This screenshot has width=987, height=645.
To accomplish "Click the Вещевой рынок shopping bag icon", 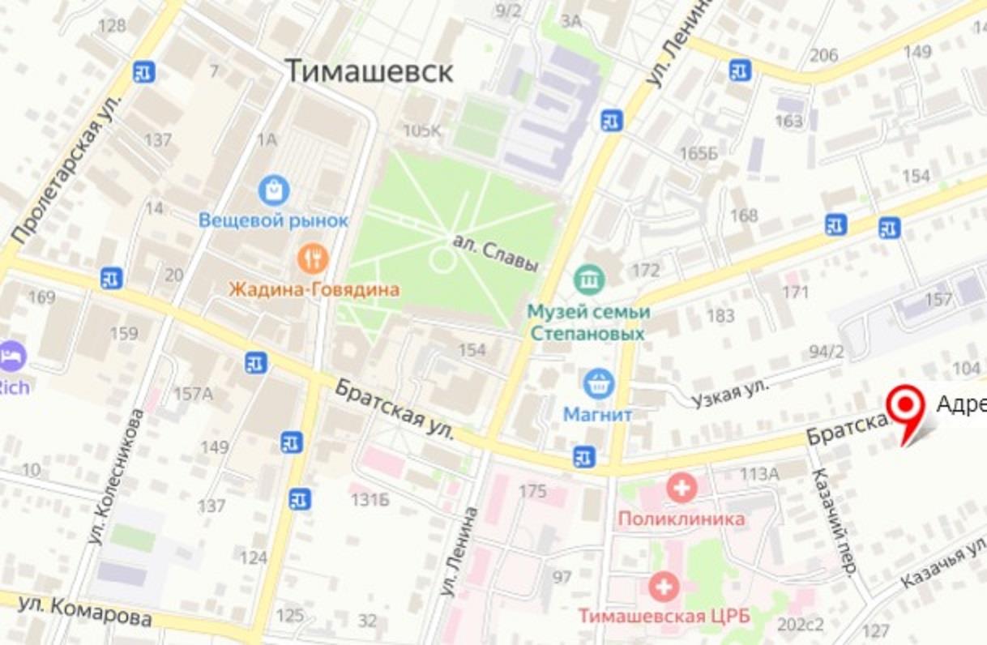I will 274,191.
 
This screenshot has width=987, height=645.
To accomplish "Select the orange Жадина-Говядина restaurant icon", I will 313,259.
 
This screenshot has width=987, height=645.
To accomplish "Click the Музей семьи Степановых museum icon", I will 589,280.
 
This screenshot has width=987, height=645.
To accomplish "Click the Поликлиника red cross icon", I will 681,488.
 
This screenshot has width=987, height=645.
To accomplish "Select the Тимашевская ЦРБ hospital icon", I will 664,586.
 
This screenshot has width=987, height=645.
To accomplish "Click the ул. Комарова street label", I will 85,610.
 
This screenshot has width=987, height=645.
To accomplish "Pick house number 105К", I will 423,130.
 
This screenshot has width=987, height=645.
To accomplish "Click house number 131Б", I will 370,500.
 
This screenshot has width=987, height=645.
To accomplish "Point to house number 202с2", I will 799,624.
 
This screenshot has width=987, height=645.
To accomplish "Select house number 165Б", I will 699,154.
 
